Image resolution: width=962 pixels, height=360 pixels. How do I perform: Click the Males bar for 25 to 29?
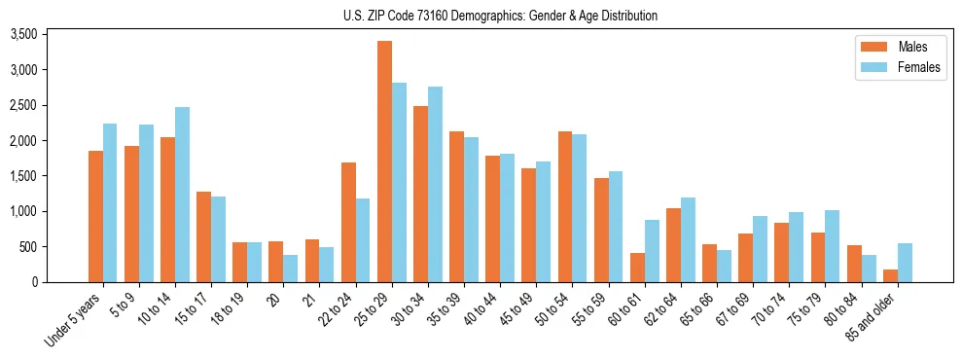(x=384, y=162)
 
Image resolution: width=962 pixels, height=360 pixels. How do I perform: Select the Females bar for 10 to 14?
(x=183, y=195)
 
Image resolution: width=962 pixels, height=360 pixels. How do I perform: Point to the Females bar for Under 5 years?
(x=110, y=202)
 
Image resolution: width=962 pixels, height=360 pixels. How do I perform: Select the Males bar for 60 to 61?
(x=637, y=268)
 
